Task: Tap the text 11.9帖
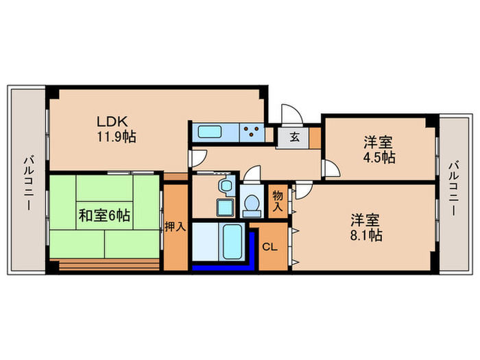(x=116, y=136)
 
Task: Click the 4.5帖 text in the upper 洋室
(x=379, y=157)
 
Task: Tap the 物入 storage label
(x=278, y=201)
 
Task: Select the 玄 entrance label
(x=293, y=136)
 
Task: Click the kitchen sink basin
(x=208, y=131)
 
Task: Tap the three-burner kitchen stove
(x=251, y=131)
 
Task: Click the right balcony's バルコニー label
(x=454, y=189)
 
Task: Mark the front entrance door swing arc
(x=289, y=113)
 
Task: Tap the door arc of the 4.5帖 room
(x=331, y=169)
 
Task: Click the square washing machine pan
(x=224, y=206)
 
